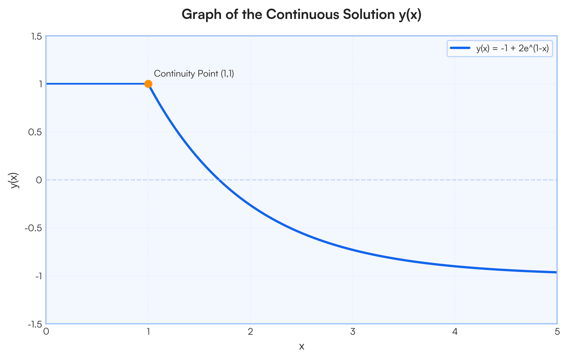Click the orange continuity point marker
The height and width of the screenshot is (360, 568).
point(148,84)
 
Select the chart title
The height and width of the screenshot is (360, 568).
point(302,14)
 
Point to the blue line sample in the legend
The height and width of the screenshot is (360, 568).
point(460,48)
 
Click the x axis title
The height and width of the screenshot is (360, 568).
point(302,346)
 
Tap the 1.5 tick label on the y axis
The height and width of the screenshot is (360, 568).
point(36,36)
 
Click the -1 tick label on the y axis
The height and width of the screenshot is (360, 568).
point(38,276)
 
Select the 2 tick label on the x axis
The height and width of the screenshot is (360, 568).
point(250,331)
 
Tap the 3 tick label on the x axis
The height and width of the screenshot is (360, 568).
point(353,331)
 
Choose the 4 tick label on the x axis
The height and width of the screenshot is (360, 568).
point(455,331)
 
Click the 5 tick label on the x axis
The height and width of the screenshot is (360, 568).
point(557,331)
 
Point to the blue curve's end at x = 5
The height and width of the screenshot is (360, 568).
point(556,272)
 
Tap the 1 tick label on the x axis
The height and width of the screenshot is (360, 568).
point(148,331)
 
